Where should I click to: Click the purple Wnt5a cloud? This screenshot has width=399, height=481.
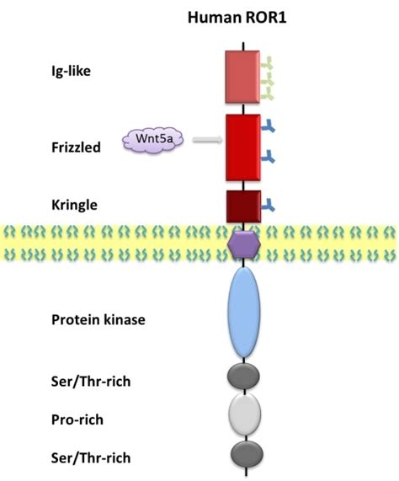click(152, 138)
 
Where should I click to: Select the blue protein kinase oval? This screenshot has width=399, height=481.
click(244, 313)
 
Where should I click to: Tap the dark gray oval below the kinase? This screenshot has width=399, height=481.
click(244, 376)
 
